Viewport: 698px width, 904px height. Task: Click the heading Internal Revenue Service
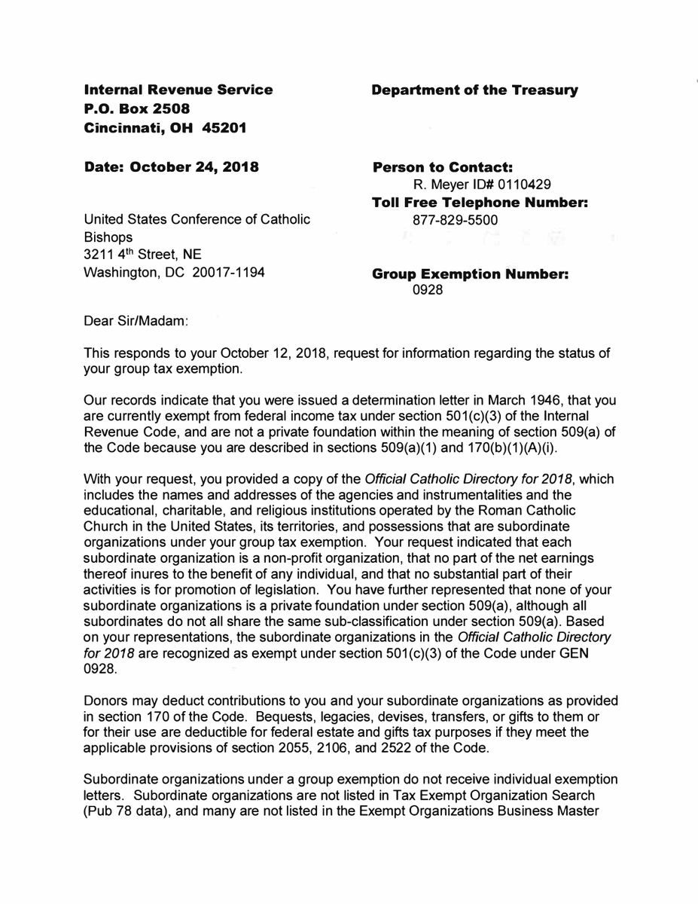(178, 90)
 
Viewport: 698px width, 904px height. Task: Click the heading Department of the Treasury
(474, 90)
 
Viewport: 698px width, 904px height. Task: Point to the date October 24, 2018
(195, 167)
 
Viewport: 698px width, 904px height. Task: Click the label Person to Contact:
(443, 167)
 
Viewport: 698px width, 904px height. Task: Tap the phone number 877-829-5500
(456, 221)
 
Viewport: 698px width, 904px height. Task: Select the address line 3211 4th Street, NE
(142, 255)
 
